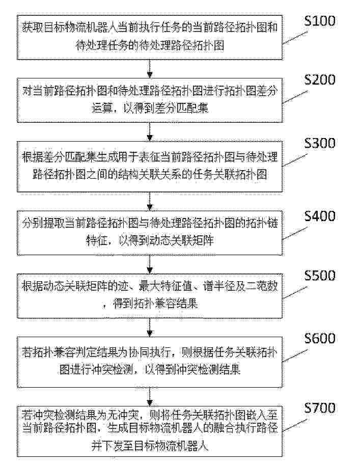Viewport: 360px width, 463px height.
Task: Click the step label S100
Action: click(320, 21)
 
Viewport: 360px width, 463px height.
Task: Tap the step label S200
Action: click(320, 80)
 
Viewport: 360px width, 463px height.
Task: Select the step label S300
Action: click(320, 143)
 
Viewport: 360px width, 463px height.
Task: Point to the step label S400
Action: click(320, 216)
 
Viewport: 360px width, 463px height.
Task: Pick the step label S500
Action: click(320, 275)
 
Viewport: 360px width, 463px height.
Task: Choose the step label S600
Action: click(320, 338)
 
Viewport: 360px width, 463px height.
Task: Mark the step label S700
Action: click(320, 408)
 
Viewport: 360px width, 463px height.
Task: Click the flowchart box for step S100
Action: click(150, 38)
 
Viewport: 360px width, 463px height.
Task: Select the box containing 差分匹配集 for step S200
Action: click(150, 100)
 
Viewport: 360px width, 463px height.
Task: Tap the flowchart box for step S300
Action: click(150, 167)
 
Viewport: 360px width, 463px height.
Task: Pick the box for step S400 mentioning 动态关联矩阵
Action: click(150, 233)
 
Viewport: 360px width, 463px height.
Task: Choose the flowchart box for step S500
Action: click(150, 296)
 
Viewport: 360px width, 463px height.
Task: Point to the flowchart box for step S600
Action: click(150, 362)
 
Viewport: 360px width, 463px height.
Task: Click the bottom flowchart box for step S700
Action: click(150, 431)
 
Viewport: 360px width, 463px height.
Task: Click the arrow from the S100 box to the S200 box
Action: click(150, 69)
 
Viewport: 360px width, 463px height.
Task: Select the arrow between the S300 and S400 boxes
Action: click(150, 201)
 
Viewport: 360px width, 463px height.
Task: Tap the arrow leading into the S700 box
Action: click(150, 397)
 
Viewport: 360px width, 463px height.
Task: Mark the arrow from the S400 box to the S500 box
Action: click(150, 264)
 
